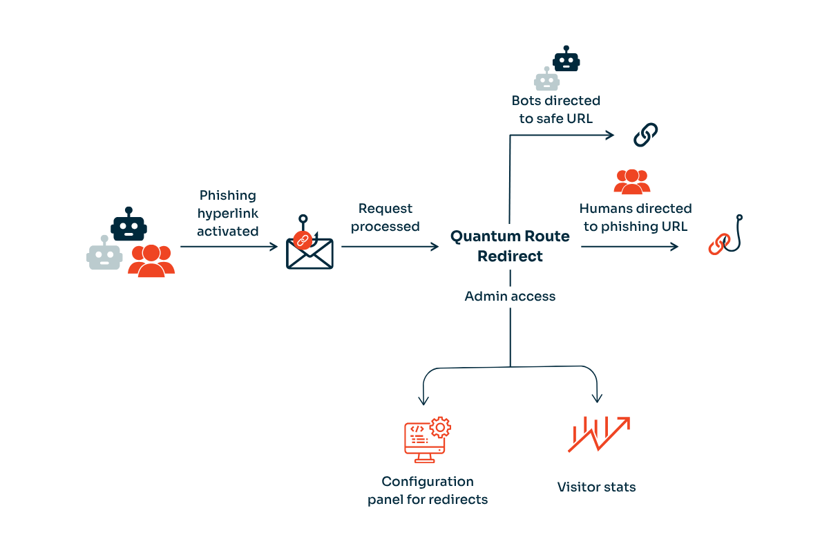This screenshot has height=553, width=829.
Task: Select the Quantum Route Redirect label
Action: (510, 246)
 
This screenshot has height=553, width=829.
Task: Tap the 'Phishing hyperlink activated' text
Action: (227, 214)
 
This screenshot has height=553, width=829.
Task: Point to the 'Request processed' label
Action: (385, 217)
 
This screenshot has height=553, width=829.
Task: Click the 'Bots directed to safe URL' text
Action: (555, 110)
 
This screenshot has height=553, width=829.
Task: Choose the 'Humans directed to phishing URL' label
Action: (635, 217)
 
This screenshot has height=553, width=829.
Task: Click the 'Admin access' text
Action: (510, 297)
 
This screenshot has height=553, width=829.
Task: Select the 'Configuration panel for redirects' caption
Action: (428, 490)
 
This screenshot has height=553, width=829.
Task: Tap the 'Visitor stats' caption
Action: (596, 487)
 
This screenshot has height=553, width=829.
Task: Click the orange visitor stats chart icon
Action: (598, 435)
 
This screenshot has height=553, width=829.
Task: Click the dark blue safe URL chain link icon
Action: (646, 135)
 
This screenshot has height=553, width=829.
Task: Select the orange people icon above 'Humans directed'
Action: (631, 181)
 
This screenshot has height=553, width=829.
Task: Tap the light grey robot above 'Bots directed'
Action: (546, 79)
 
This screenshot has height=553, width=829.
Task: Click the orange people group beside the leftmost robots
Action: (151, 261)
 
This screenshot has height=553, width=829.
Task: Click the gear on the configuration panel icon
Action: (439, 427)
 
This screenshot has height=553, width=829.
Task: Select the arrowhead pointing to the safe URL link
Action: (610, 135)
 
